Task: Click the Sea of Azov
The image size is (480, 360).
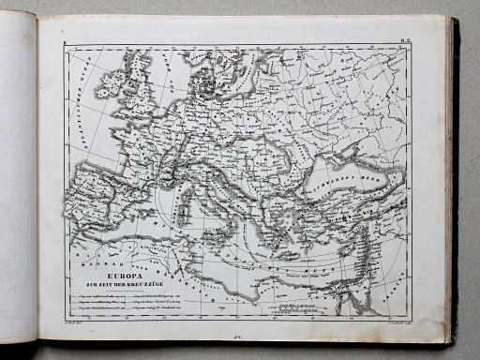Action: tap(361, 155)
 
